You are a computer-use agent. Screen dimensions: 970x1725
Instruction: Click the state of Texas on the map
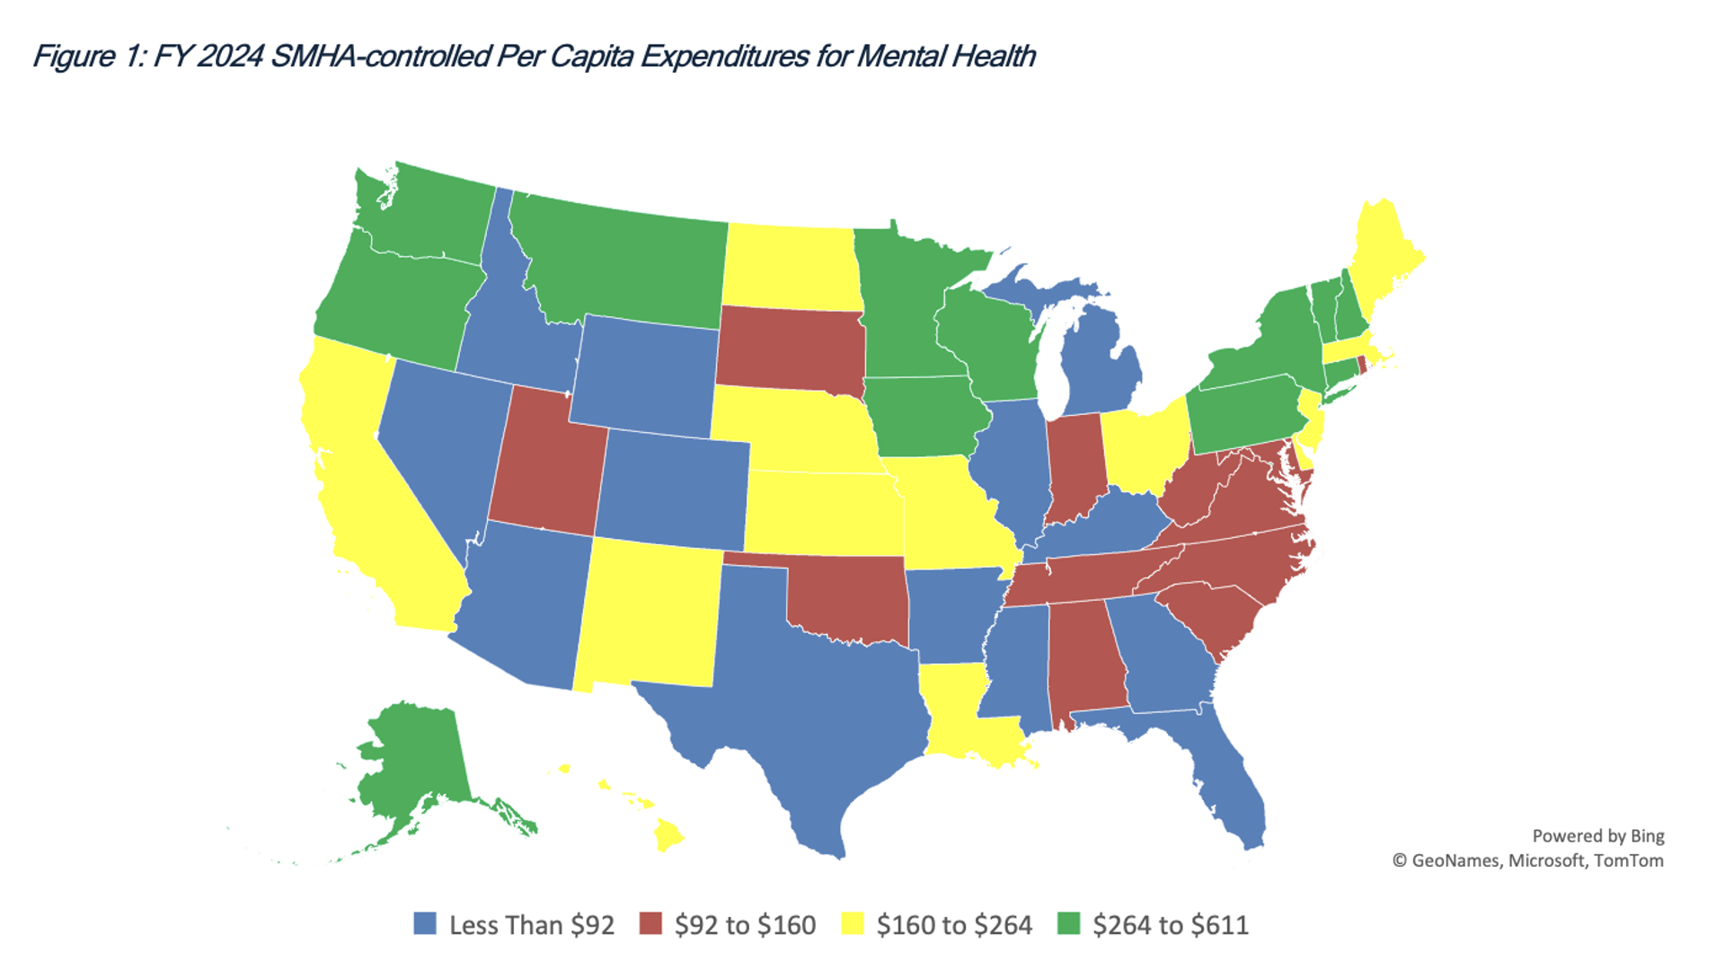809,701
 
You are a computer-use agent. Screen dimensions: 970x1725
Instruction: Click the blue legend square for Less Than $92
424,924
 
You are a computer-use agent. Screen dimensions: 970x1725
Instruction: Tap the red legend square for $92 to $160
650,924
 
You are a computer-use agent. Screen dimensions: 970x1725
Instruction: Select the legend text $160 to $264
954,925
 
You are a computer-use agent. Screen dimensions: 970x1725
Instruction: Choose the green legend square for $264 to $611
1068,924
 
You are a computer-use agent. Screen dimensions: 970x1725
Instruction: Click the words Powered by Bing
1597,836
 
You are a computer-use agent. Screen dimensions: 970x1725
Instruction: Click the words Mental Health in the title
945,57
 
